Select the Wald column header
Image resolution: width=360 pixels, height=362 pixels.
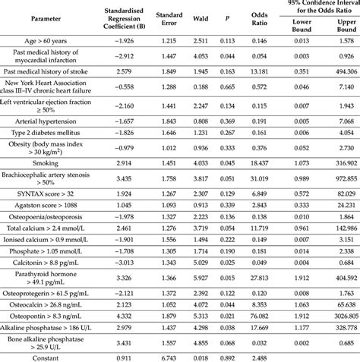coord(199,15)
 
